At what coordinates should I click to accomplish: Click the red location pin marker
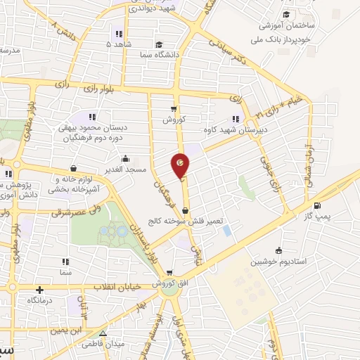pyautogui.click(x=181, y=165)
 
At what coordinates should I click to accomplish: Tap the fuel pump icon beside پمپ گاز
pyautogui.click(x=317, y=206)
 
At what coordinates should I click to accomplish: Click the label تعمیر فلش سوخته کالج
pyautogui.click(x=185, y=220)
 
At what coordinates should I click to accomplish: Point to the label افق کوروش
pyautogui.click(x=160, y=283)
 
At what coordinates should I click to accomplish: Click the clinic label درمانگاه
pyautogui.click(x=42, y=300)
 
